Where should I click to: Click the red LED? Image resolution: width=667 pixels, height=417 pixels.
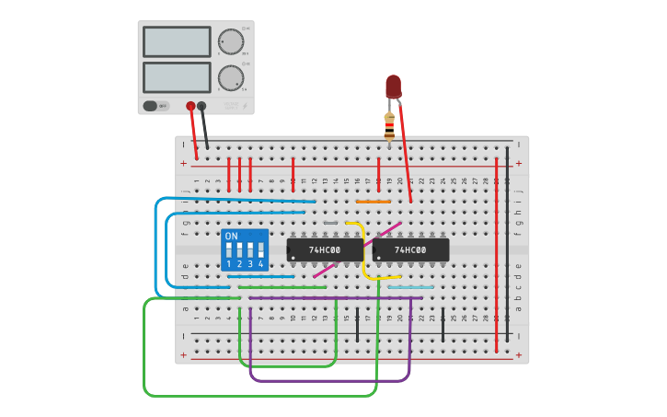(393, 87)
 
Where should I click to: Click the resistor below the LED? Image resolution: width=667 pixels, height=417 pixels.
(389, 126)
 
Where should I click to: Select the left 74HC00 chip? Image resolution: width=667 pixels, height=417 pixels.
(325, 250)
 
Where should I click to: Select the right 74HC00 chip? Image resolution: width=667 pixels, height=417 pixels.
(410, 250)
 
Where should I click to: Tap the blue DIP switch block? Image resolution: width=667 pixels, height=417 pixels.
(245, 249)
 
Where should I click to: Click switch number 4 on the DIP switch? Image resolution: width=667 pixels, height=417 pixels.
(261, 250)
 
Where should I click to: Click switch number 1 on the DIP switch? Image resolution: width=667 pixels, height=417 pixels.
(228, 250)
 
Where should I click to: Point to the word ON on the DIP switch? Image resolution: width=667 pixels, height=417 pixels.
(231, 236)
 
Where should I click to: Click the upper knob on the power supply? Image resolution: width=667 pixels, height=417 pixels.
(230, 41)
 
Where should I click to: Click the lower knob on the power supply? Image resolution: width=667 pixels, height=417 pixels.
(230, 76)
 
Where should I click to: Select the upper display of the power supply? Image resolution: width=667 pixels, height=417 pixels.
(177, 41)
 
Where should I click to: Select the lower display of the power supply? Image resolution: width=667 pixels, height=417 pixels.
(177, 76)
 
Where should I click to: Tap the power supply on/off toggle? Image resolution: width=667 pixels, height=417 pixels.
(155, 106)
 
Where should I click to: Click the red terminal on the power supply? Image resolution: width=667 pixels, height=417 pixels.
(190, 106)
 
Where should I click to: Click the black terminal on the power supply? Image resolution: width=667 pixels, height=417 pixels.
(201, 106)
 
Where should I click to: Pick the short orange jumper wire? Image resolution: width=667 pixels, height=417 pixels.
(373, 201)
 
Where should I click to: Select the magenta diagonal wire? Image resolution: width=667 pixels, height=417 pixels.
(357, 249)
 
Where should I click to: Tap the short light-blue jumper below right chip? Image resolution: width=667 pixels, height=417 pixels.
(410, 287)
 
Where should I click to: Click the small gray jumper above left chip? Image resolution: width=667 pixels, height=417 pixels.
(330, 223)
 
